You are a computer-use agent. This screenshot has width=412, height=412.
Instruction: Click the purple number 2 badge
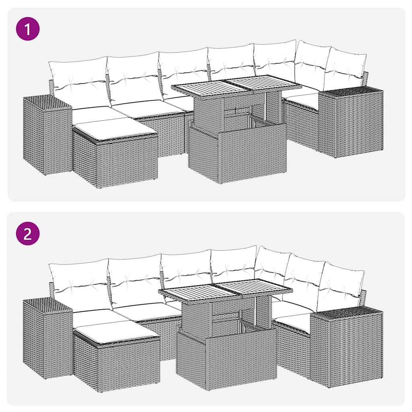[x=28, y=233]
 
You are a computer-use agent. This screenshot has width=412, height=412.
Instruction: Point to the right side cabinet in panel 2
[x=346, y=346]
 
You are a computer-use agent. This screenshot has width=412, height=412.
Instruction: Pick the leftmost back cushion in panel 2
[x=80, y=284]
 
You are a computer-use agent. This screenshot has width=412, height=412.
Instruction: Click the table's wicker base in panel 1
[x=237, y=155]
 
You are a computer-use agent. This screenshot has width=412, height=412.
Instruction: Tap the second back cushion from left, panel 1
[x=133, y=78]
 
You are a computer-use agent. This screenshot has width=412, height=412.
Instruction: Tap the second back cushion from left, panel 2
[x=135, y=280]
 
